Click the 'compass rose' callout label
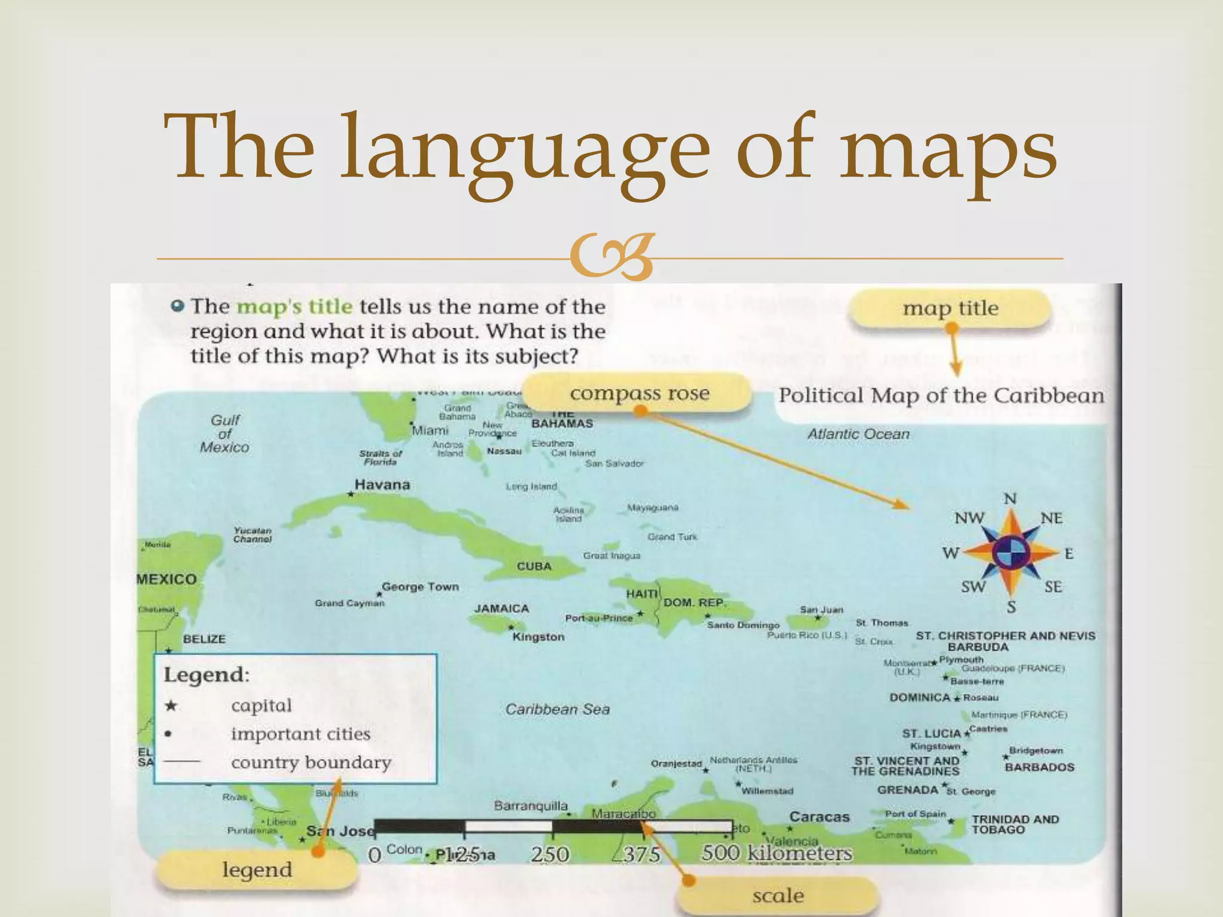coord(639,393)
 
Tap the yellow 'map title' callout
coord(950,308)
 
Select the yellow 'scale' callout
coord(778,896)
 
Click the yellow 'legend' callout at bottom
coord(257,869)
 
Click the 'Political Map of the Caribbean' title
coord(941,396)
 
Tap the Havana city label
coord(382,485)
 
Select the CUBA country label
coord(534,566)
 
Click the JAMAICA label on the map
coord(502,608)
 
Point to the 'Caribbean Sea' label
coord(557,709)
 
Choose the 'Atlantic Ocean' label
coord(858,434)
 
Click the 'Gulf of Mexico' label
coord(225,434)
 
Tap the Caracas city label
coord(819,817)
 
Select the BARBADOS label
coord(1039,767)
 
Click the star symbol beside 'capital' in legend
coord(171,706)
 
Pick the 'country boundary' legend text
coord(311,762)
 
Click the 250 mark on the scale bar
coord(550,854)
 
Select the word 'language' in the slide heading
coord(525,148)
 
